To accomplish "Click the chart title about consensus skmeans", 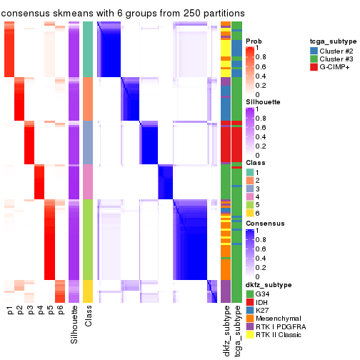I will pyautogui.click(x=123, y=14).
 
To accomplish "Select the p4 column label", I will pyautogui.click(x=40, y=310).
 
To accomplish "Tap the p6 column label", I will pyautogui.click(x=60, y=310).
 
